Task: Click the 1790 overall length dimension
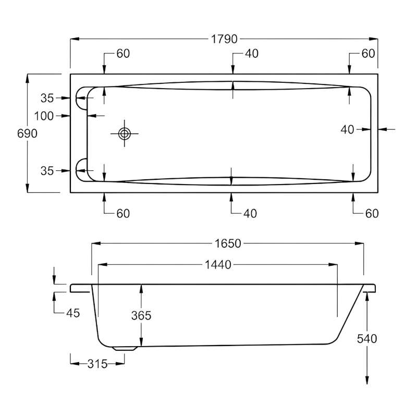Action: point(224,39)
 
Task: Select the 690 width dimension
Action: point(27,133)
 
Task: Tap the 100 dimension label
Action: point(44,116)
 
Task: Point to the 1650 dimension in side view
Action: point(227,243)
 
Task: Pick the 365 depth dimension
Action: point(141,316)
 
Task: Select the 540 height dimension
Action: point(367,339)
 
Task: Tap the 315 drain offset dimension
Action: point(97,364)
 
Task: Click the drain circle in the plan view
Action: point(125,134)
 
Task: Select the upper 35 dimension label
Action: point(47,97)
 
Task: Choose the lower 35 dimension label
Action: point(47,170)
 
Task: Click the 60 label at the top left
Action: point(123,54)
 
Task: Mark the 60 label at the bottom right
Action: point(371,213)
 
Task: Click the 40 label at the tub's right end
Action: point(348,129)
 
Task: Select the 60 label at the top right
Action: point(368,54)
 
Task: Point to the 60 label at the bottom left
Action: point(122,213)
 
